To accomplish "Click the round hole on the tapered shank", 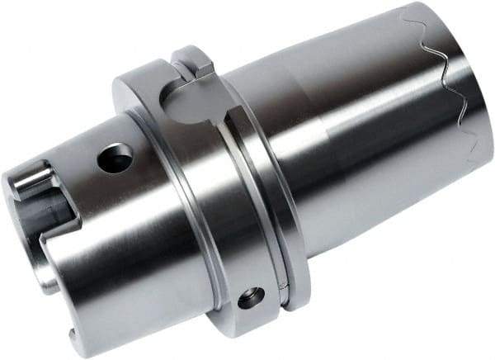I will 115,158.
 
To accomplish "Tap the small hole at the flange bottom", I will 251,298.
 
